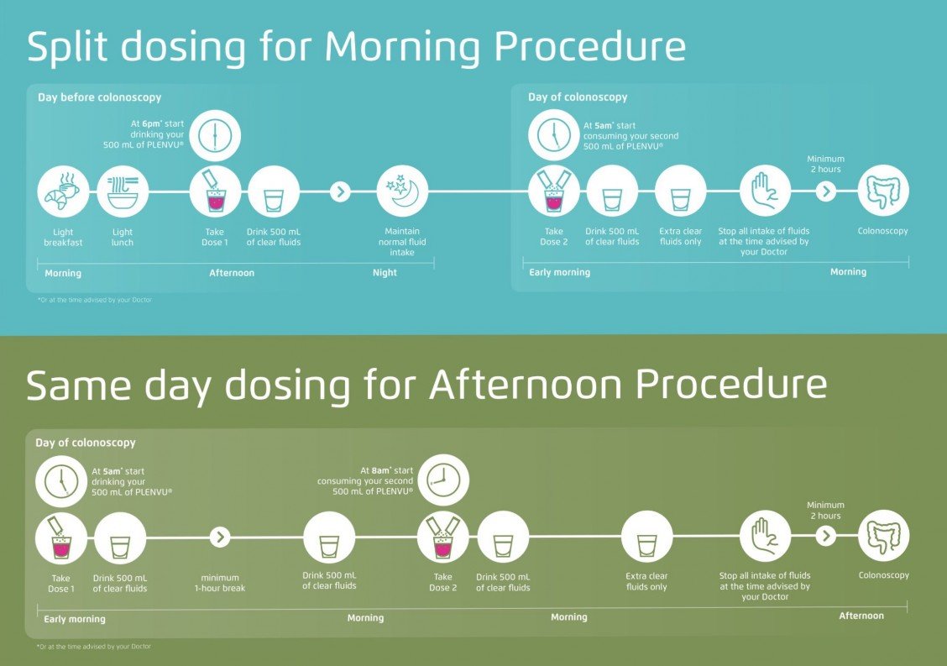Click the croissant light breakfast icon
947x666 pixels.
tap(63, 192)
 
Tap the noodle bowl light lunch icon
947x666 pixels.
tap(123, 192)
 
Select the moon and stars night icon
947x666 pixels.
tap(403, 191)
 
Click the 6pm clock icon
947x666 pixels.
tap(215, 134)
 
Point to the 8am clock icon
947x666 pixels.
tap(443, 480)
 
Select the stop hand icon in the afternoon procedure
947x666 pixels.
tap(765, 537)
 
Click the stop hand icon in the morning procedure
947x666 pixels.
tap(765, 191)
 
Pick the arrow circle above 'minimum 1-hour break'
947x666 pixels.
tap(220, 537)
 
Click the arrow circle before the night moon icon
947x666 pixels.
tap(340, 191)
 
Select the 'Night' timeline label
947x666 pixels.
tap(385, 273)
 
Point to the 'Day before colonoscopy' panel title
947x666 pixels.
tap(99, 97)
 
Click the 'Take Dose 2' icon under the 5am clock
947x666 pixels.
tap(553, 191)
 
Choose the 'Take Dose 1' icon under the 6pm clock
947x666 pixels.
tap(215, 191)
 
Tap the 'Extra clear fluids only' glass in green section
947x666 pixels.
tap(646, 537)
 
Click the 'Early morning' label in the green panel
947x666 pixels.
tap(75, 619)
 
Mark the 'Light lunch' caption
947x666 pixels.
tap(123, 238)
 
